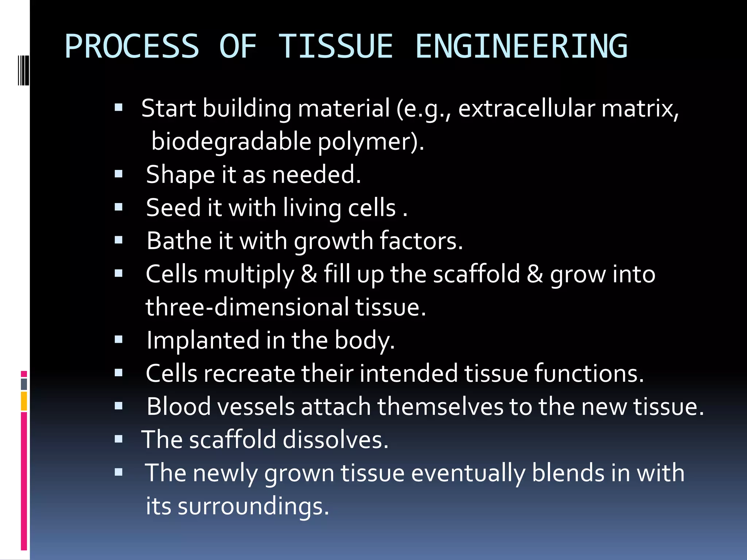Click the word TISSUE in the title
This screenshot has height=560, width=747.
[336, 46]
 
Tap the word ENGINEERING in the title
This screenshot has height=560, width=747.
[522, 46]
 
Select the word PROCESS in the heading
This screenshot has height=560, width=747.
[132, 46]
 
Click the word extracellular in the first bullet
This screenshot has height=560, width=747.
[526, 108]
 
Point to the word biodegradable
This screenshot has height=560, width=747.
[231, 141]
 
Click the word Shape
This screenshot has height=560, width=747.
[180, 175]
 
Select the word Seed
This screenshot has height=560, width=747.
[173, 208]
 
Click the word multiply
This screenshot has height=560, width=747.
[248, 275]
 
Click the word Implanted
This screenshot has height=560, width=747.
[203, 340]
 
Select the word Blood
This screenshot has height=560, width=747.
[179, 407]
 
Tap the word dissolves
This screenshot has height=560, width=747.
[336, 439]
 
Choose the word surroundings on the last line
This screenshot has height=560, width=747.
[253, 506]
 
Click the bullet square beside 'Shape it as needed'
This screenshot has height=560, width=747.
[118, 174]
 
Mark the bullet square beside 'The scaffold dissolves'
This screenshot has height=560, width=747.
[118, 439]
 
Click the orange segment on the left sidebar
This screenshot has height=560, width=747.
[24, 401]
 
